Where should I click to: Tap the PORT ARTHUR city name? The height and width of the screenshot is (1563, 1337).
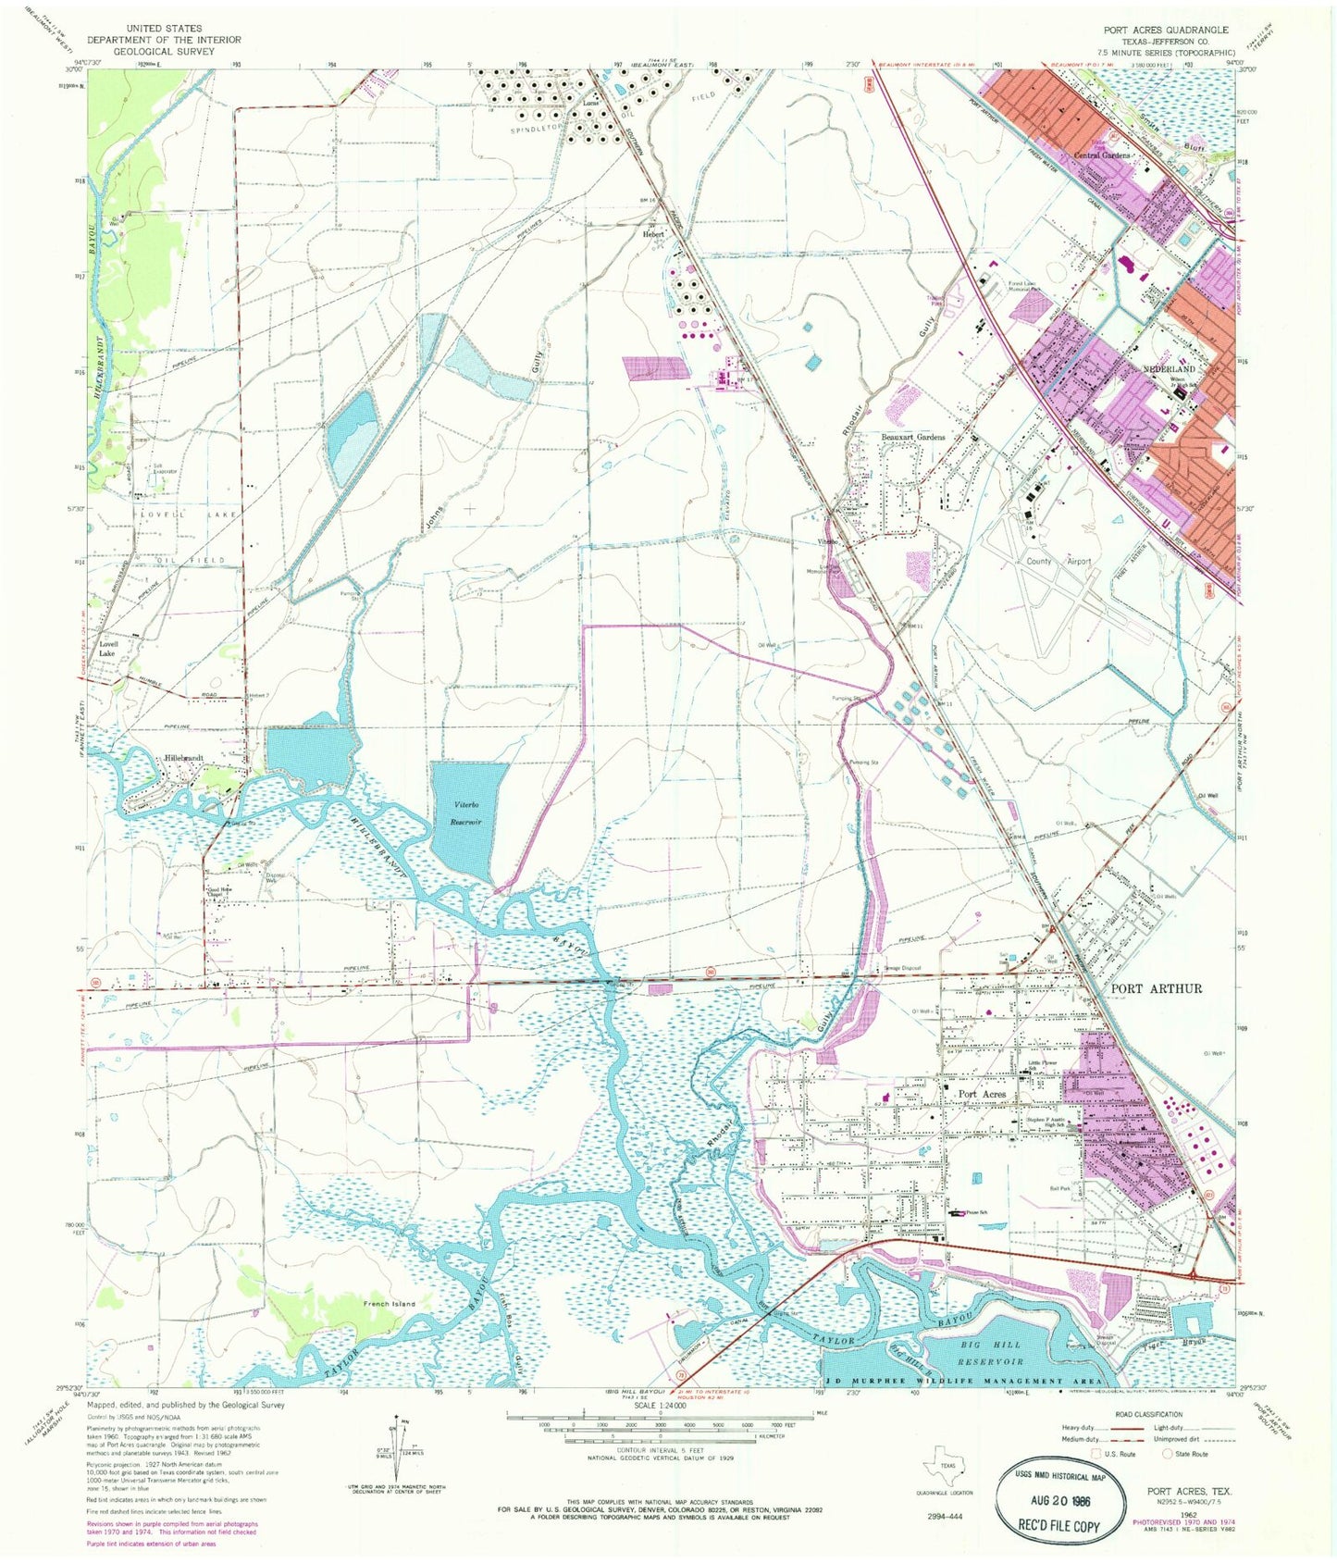[x=1156, y=988]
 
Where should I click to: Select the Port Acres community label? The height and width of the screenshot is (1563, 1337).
[x=982, y=1094]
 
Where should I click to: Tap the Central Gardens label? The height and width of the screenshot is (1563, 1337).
[x=1101, y=155]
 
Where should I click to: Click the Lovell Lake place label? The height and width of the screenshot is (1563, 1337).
[x=108, y=648]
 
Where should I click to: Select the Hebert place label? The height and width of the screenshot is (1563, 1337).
[x=653, y=234]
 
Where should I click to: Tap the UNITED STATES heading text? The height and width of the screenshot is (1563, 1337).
[x=164, y=29]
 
